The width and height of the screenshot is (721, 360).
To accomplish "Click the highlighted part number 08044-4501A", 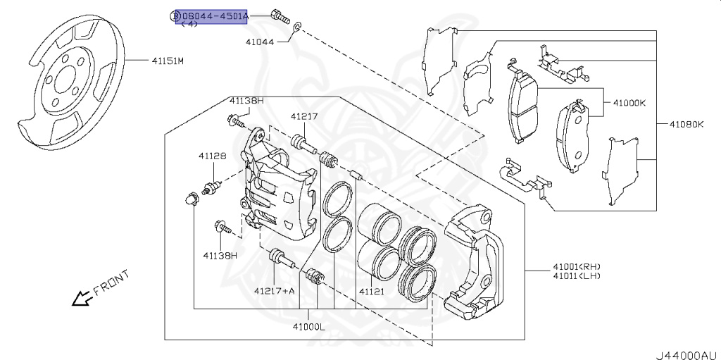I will (211, 15).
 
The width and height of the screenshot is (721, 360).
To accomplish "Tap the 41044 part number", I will (259, 42).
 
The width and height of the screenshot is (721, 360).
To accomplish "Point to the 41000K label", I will (629, 102).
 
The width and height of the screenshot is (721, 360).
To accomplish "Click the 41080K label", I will (686, 124).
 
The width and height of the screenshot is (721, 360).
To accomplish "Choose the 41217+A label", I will (275, 290).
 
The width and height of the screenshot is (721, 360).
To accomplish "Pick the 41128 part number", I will (211, 156).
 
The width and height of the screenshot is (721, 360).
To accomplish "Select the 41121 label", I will (372, 290).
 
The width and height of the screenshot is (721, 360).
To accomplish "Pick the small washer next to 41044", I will (298, 27).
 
